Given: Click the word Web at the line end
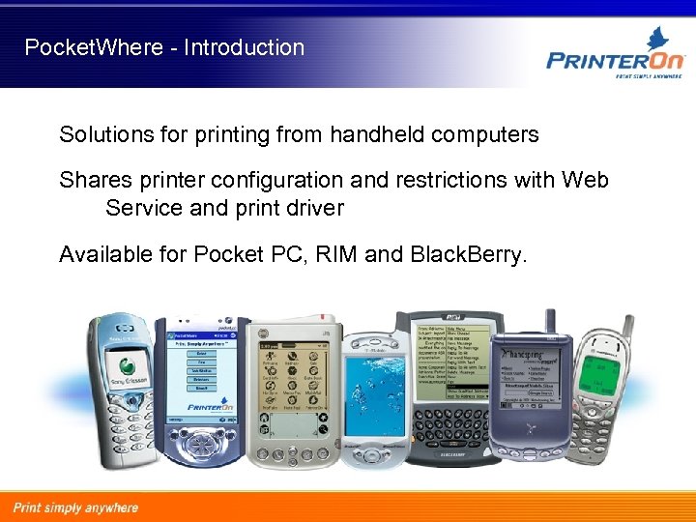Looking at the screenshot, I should [585, 181].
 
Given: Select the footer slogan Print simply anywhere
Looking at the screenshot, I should [75, 507].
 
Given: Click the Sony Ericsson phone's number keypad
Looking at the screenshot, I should [126, 425].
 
